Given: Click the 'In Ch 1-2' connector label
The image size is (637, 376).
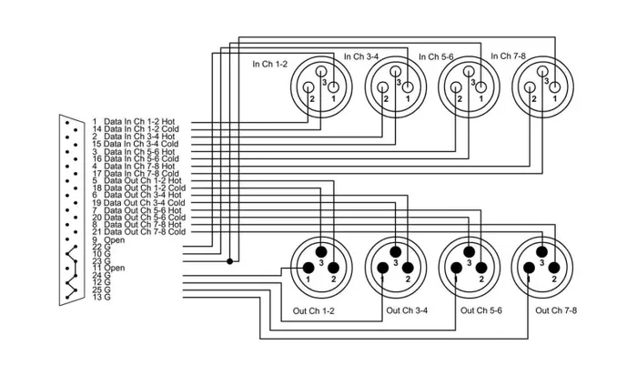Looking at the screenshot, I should pos(270,63).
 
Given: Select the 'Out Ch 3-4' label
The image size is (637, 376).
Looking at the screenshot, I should pos(407,310).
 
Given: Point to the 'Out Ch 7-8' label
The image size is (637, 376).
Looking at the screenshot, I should pos(556,310).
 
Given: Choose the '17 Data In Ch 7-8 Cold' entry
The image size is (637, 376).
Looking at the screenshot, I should pos(141,173).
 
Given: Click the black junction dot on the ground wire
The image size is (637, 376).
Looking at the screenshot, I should pos(229,261).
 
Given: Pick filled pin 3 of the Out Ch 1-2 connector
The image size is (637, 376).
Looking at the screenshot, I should pos(321,251).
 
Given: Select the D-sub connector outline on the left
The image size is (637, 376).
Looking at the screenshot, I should pos(69,208).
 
